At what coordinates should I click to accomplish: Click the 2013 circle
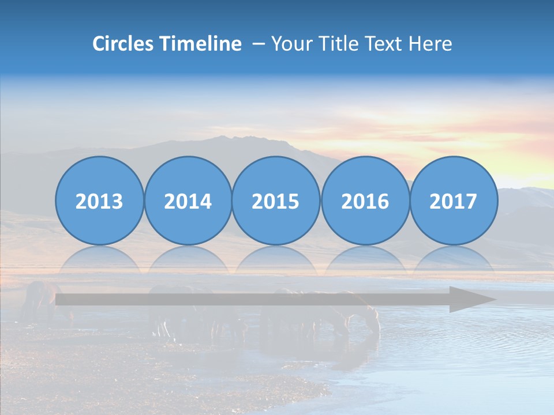(99, 201)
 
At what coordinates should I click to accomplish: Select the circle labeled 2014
(188, 201)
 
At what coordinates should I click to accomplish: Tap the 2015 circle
(276, 201)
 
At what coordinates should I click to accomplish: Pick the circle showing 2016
(365, 201)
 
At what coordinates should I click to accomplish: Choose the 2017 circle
(453, 201)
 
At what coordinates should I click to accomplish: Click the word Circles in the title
(123, 44)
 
